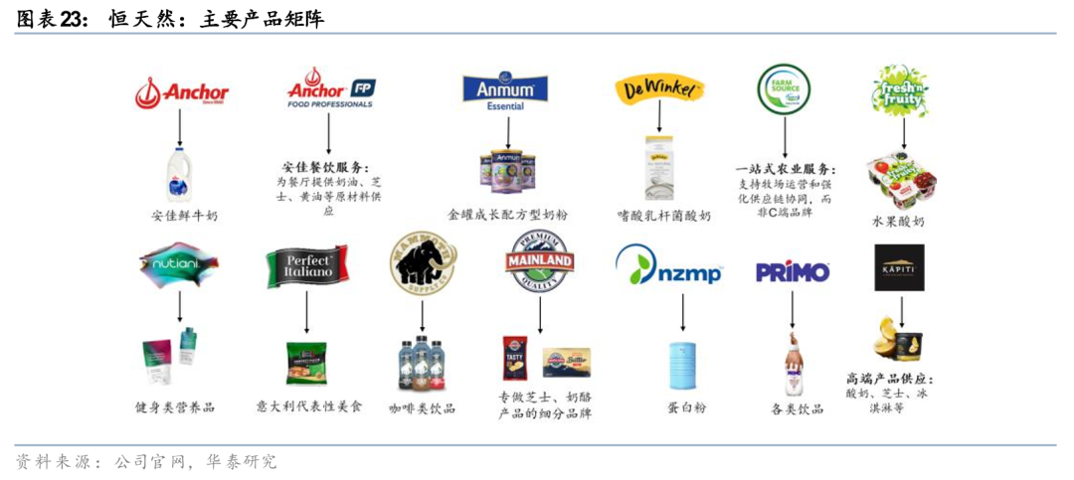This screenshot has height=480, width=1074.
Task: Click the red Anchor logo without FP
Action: [x=182, y=92]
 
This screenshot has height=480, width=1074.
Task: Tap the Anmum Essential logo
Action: [x=505, y=91]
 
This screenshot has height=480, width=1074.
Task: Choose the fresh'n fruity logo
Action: [x=901, y=89]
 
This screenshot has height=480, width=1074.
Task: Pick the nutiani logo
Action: [x=179, y=264]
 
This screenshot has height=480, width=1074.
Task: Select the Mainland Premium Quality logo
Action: [x=541, y=261]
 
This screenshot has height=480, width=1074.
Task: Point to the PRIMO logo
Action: [x=793, y=271]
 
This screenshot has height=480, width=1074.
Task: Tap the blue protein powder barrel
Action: [x=682, y=365]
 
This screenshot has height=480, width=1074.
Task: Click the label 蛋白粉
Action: [x=686, y=406]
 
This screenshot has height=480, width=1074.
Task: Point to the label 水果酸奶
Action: [x=898, y=220]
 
